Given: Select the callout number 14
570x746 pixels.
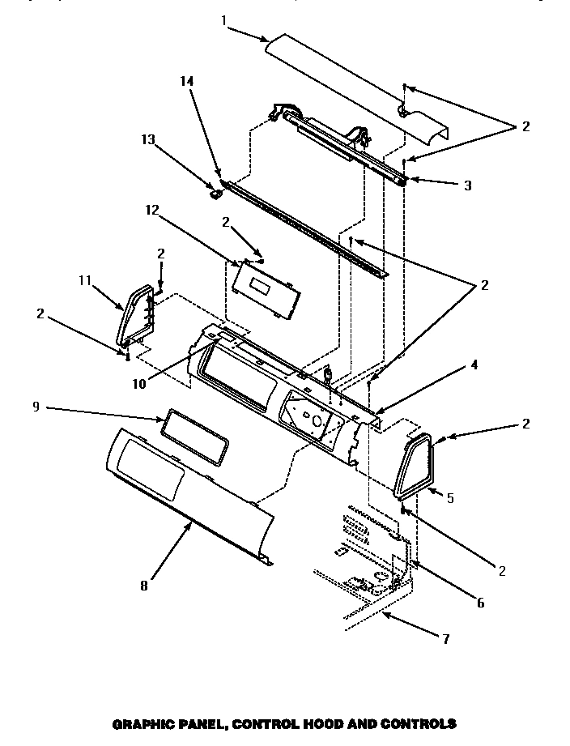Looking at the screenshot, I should pos(186,82).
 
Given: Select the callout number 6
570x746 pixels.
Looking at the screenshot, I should pos(480,603).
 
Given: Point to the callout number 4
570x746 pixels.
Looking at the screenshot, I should pos(474,365).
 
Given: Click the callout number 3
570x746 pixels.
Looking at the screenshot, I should pos(467,185).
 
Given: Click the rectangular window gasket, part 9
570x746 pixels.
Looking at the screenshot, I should pos(194,435).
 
